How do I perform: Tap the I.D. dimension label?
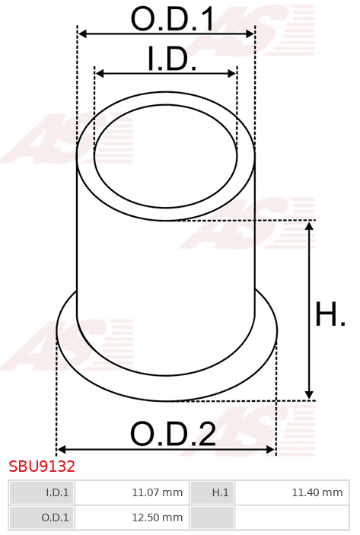pyautogui.click(x=172, y=59)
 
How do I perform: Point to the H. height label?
pyautogui.click(x=330, y=314)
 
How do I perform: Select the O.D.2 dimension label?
pyautogui.click(x=173, y=434)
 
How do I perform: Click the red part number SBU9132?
pyautogui.click(x=42, y=466)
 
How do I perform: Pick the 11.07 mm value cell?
pyautogui.click(x=132, y=492)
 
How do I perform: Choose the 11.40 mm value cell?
pyautogui.click(x=292, y=492)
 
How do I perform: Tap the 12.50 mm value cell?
pyautogui.click(x=132, y=517)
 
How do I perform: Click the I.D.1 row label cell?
pyautogui.click(x=41, y=492)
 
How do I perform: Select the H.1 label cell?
pyautogui.click(x=212, y=492)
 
